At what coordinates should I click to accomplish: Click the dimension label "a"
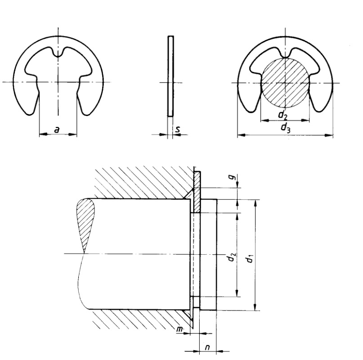point(57,129)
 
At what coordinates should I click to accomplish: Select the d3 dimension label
point(285,128)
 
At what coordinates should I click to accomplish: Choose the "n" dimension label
point(208,347)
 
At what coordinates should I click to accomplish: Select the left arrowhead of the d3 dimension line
point(240,135)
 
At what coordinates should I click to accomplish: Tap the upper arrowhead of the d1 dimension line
point(255,202)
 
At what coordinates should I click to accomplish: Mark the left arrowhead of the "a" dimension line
point(42,135)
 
